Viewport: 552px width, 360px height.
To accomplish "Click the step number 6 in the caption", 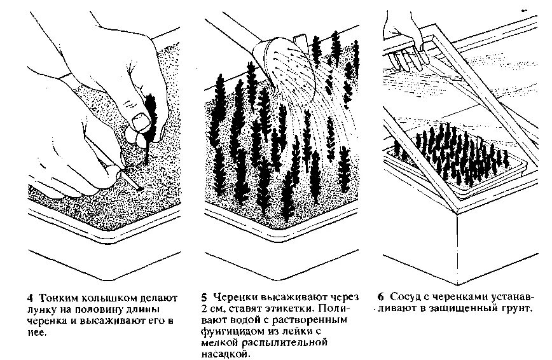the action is click(x=380, y=297).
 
